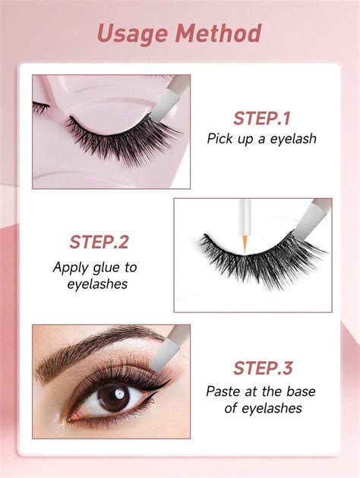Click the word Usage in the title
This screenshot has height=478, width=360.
[133, 34]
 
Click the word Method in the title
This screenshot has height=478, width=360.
[218, 33]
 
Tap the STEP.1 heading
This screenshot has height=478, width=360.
[262, 118]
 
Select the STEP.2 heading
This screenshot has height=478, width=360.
[99, 242]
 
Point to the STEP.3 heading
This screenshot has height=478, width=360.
[263, 368]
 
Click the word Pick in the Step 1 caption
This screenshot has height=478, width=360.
[219, 139]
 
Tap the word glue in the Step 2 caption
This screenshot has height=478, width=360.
[106, 268]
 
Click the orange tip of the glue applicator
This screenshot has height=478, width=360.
[245, 244]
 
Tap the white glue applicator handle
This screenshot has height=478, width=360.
[245, 217]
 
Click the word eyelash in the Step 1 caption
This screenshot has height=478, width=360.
[293, 139]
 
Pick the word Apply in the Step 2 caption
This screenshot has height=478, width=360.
[71, 268]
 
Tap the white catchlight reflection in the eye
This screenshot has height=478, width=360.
[119, 395]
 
